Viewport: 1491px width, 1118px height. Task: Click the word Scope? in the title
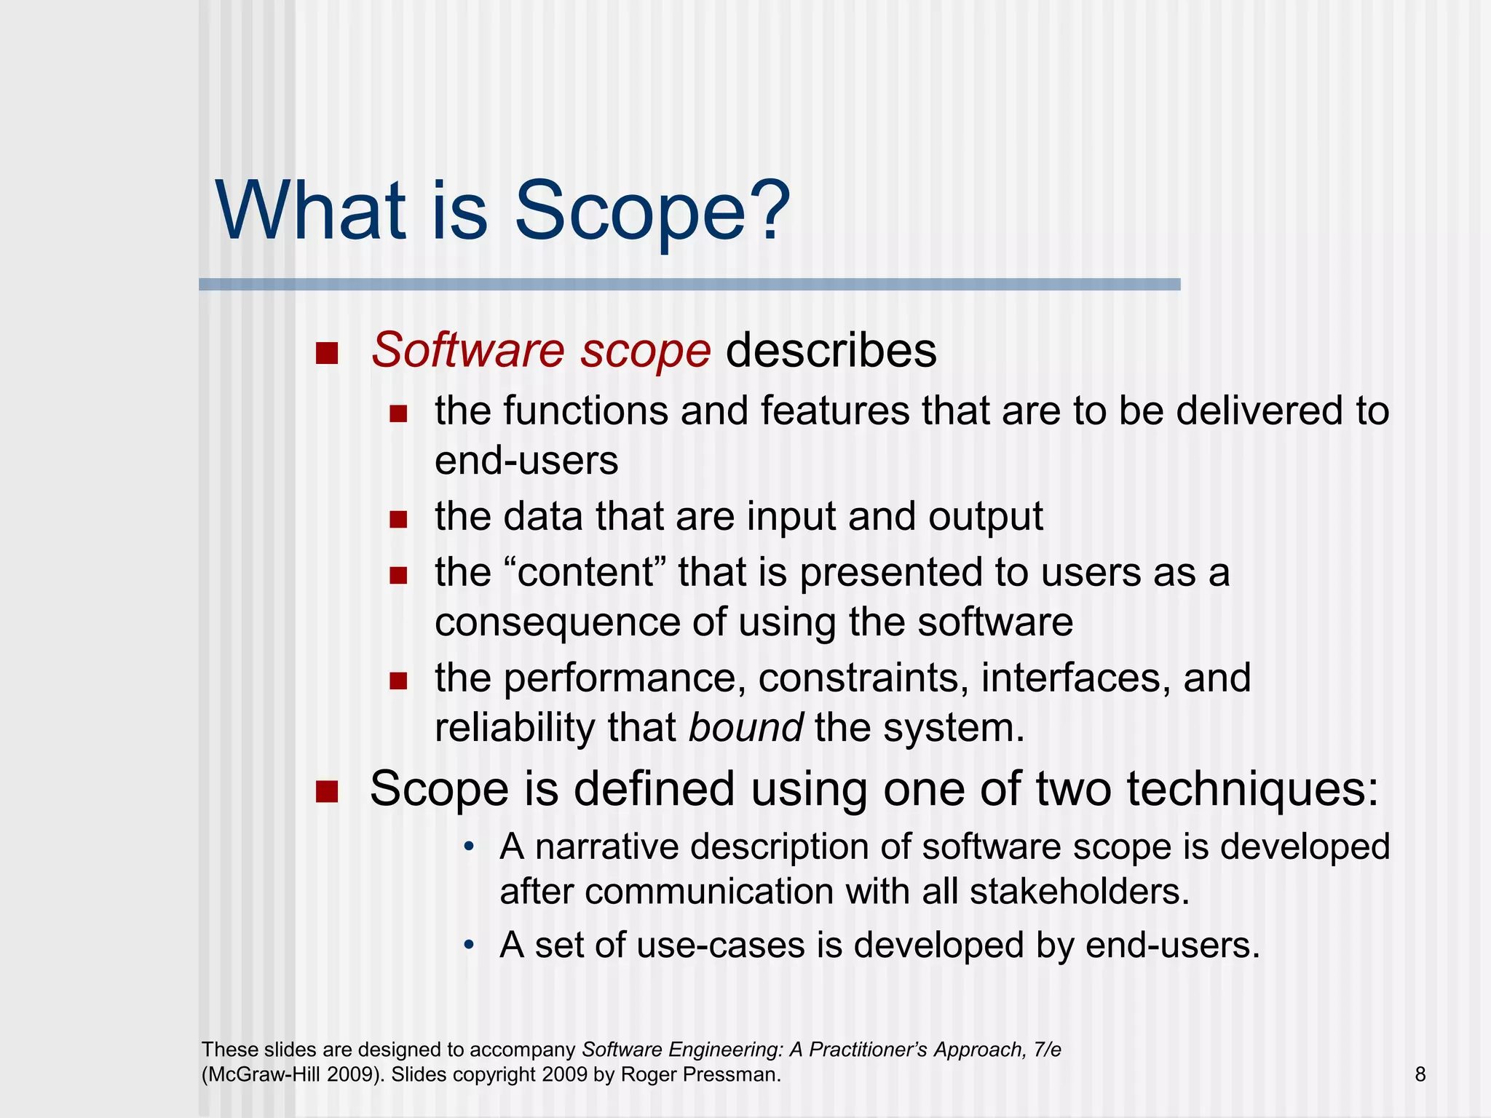click(x=652, y=213)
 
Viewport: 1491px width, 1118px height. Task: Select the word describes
click(x=831, y=351)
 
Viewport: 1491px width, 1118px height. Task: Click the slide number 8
click(x=1420, y=1074)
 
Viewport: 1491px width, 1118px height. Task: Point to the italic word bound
click(x=746, y=727)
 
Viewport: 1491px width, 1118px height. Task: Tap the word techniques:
click(x=1252, y=789)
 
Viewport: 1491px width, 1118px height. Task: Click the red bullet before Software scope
click(x=327, y=354)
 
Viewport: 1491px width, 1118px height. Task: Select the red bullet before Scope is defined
click(x=327, y=792)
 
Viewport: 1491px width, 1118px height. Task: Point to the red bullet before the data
click(x=398, y=520)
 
